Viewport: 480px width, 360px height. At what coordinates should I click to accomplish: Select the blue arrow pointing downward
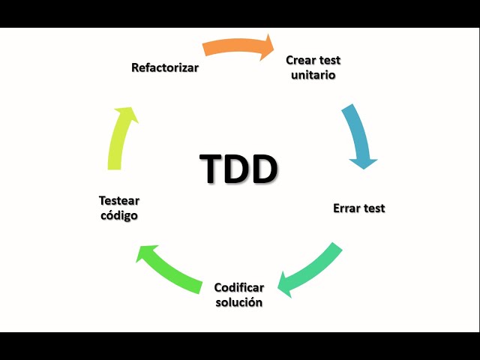point(358,135)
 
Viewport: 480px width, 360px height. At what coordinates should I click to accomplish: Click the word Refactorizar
point(165,67)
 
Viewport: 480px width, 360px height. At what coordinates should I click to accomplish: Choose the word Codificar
point(239,287)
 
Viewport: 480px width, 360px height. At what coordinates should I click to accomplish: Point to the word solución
point(238,302)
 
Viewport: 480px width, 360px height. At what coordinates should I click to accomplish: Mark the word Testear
point(119,200)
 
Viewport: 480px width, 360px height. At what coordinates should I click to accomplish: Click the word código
point(119,215)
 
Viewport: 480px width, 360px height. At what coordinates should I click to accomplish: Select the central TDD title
point(238,169)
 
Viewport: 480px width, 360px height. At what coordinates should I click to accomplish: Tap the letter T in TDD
point(213,169)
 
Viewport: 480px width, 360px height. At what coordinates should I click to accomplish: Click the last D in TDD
point(264,169)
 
